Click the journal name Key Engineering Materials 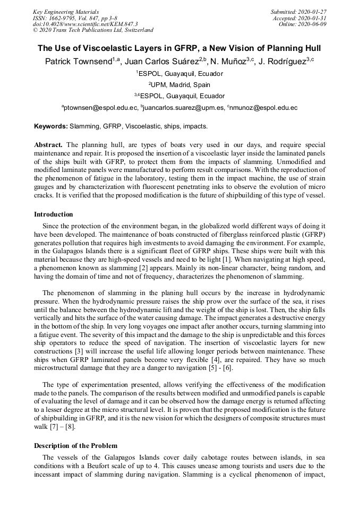click(65, 12)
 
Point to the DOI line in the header click(85, 24)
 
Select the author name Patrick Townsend click(78, 62)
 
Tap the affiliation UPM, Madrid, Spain click(181, 85)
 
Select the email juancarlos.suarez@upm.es click(183, 108)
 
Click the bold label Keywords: click(51, 127)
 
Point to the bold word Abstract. click(48, 145)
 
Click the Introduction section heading click(54, 214)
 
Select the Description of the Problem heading click(75, 445)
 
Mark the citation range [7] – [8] click(63, 427)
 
